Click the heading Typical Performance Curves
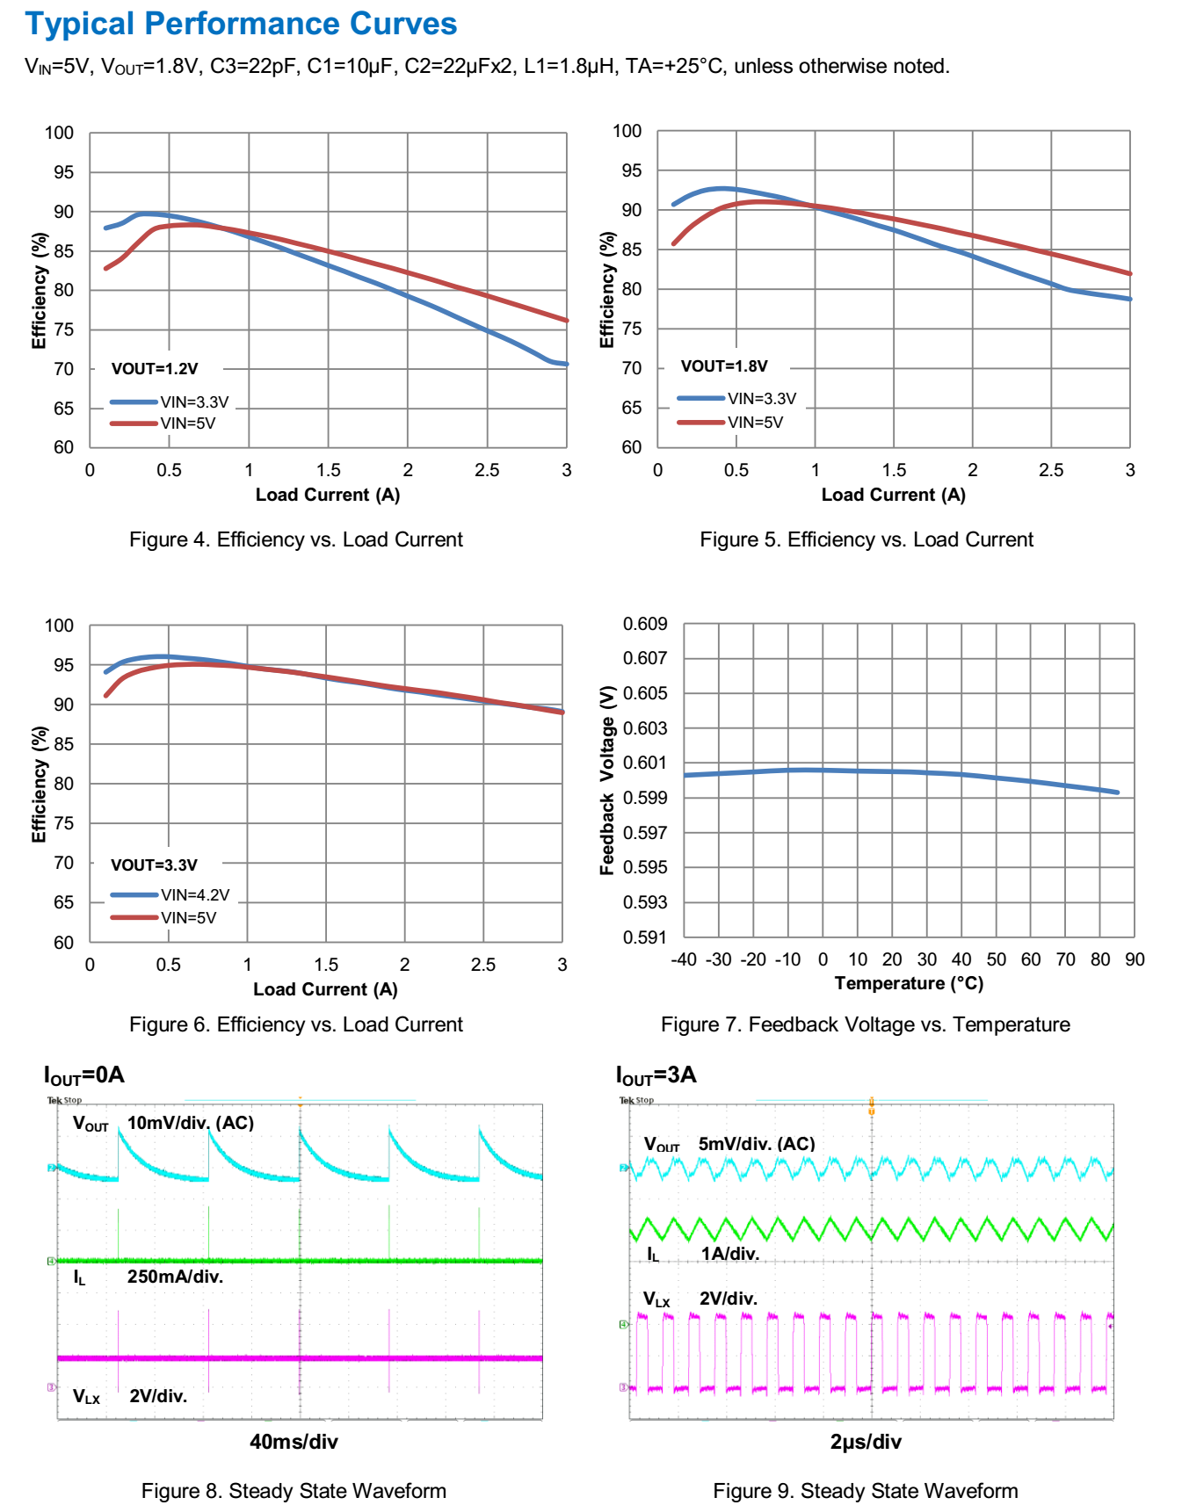[x=241, y=24]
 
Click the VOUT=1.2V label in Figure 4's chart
[x=155, y=369]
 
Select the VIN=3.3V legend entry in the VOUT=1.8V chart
[x=761, y=399]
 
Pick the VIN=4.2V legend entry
[x=194, y=895]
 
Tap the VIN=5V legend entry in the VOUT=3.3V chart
[x=188, y=918]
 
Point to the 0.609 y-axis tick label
[x=645, y=624]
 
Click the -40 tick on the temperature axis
[x=684, y=959]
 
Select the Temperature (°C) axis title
[x=909, y=983]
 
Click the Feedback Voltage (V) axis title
[x=606, y=780]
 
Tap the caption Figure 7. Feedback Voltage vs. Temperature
[x=865, y=1024]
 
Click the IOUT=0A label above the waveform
[x=84, y=1074]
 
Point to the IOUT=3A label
[x=656, y=1074]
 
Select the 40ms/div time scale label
[x=294, y=1442]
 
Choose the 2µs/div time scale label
[x=866, y=1442]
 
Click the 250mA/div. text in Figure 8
[x=175, y=1277]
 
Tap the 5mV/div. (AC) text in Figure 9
[x=757, y=1144]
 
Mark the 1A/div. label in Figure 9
[x=729, y=1254]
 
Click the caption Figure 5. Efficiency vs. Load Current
[x=866, y=539]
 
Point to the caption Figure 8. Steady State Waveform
[x=294, y=1491]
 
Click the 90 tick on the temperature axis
[x=1135, y=959]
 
